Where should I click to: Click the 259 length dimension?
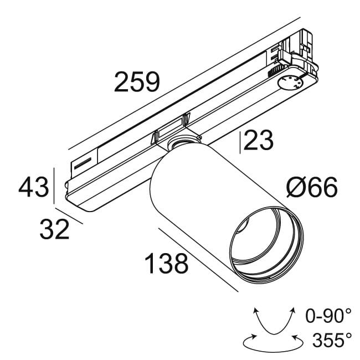(137, 83)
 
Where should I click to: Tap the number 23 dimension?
(259, 142)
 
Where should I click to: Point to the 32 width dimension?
(54, 229)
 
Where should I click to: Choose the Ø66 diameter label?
(311, 189)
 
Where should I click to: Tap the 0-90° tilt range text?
(328, 316)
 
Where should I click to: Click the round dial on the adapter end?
(290, 83)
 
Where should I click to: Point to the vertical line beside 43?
(55, 186)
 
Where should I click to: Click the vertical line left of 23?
(240, 142)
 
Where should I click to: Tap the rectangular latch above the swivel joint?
(171, 128)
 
